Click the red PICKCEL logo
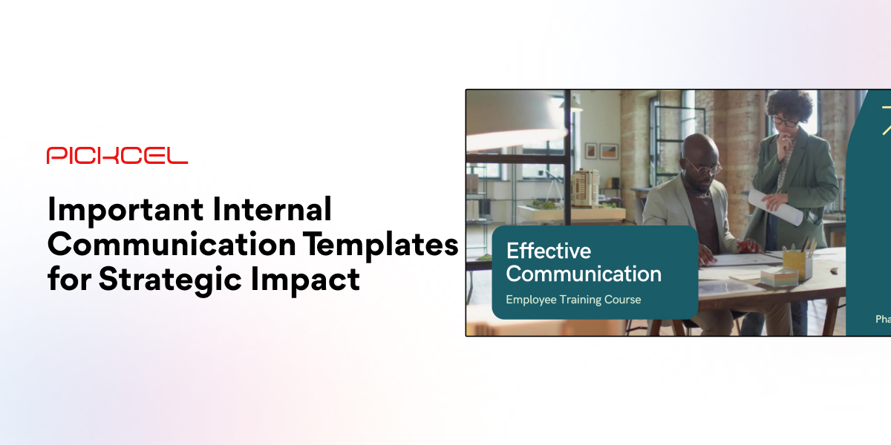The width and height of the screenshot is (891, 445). [x=117, y=155]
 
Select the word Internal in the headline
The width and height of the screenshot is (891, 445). [x=272, y=211]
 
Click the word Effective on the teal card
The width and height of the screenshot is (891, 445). [x=548, y=251]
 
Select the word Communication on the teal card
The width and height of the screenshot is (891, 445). [x=584, y=274]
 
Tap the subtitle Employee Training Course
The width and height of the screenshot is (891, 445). [x=573, y=300]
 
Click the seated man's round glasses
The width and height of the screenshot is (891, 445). [x=704, y=165]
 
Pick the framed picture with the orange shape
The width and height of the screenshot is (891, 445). [x=609, y=151]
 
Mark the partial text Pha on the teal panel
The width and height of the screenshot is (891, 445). [x=882, y=320]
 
